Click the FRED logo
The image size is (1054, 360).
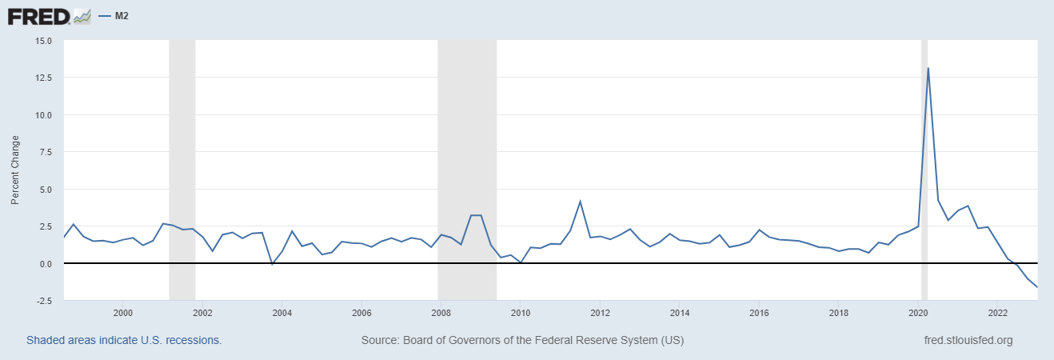(x=50, y=15)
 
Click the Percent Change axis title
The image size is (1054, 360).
(x=14, y=170)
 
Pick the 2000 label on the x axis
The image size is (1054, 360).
(x=122, y=313)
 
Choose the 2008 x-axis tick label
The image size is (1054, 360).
(x=440, y=313)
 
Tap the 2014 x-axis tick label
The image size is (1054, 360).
(x=679, y=313)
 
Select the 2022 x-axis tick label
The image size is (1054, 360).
(x=997, y=313)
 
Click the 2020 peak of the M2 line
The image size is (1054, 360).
(x=928, y=68)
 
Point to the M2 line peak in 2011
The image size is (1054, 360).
(x=580, y=202)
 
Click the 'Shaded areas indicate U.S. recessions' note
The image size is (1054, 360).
(x=124, y=340)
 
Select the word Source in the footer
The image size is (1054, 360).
(x=380, y=340)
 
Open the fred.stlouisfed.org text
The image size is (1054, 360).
(x=968, y=340)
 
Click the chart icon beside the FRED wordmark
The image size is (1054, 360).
(x=82, y=15)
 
